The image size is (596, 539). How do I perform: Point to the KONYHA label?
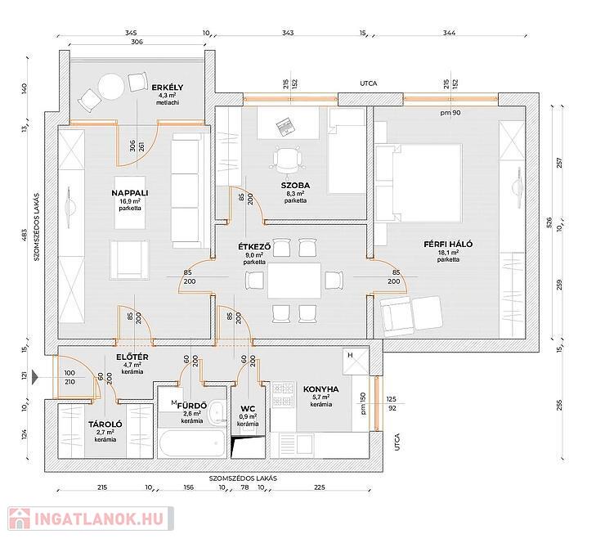coord(320,389)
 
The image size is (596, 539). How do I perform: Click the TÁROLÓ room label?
coord(105,424)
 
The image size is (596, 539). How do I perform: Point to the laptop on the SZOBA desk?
coord(284,127)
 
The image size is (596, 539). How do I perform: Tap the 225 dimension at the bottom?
coord(319,487)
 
